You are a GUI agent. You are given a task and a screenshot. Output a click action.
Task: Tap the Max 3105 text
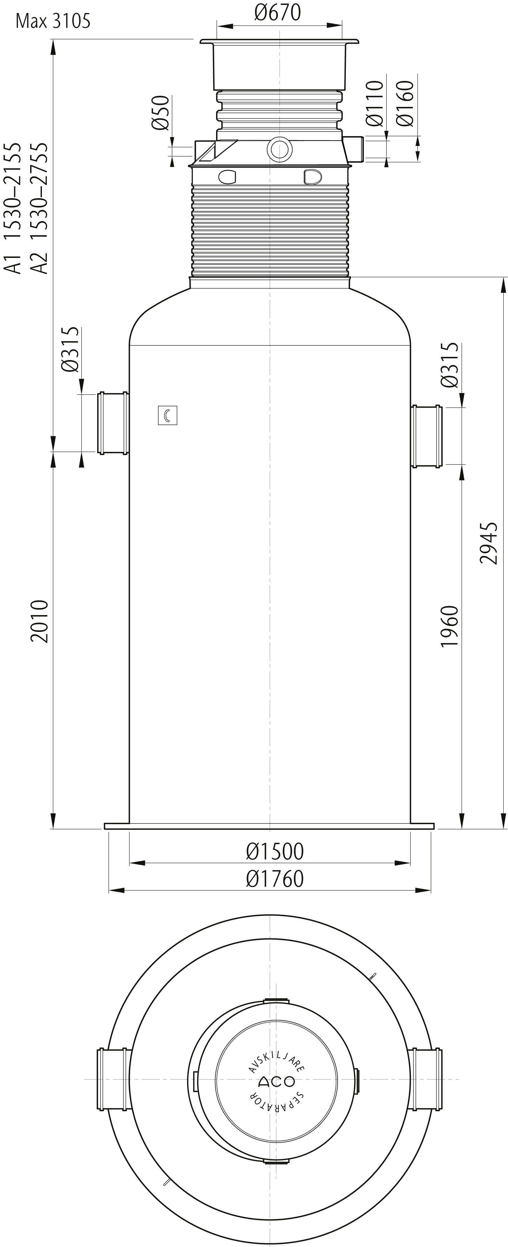(x=53, y=21)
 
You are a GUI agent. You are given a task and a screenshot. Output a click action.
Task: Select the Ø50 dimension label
(x=160, y=113)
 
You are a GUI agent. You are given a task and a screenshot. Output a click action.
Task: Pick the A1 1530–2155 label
(x=13, y=208)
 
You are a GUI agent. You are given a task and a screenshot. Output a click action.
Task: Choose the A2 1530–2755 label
(x=39, y=208)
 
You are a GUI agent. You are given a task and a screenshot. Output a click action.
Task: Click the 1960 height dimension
(x=449, y=626)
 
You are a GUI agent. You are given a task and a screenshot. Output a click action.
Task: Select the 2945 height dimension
(x=489, y=543)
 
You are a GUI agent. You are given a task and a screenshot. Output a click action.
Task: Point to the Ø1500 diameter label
(x=274, y=851)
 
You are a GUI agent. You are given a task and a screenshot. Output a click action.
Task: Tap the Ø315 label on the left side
(x=70, y=350)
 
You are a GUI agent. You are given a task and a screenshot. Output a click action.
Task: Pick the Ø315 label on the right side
(x=449, y=365)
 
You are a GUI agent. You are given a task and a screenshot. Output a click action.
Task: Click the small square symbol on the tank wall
(x=168, y=415)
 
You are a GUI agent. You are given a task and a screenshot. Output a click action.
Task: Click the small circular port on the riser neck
(x=280, y=150)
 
